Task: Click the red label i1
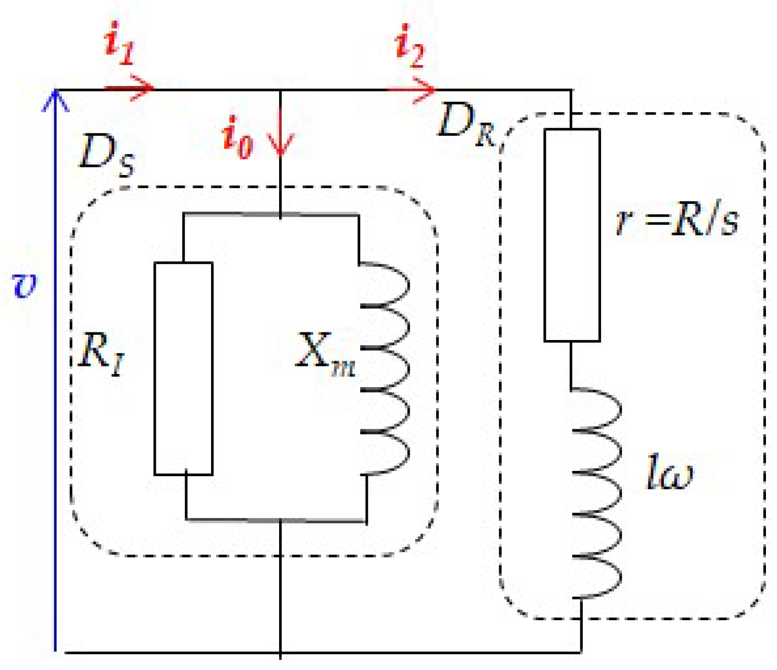(x=119, y=44)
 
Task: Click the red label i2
(x=409, y=46)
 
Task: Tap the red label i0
(x=237, y=138)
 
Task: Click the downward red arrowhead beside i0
(x=280, y=146)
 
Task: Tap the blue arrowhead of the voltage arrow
(x=56, y=99)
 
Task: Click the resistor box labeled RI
(x=183, y=368)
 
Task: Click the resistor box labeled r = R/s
(x=572, y=235)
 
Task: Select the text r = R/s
(x=677, y=221)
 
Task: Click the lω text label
(x=670, y=472)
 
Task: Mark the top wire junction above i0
(x=280, y=90)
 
